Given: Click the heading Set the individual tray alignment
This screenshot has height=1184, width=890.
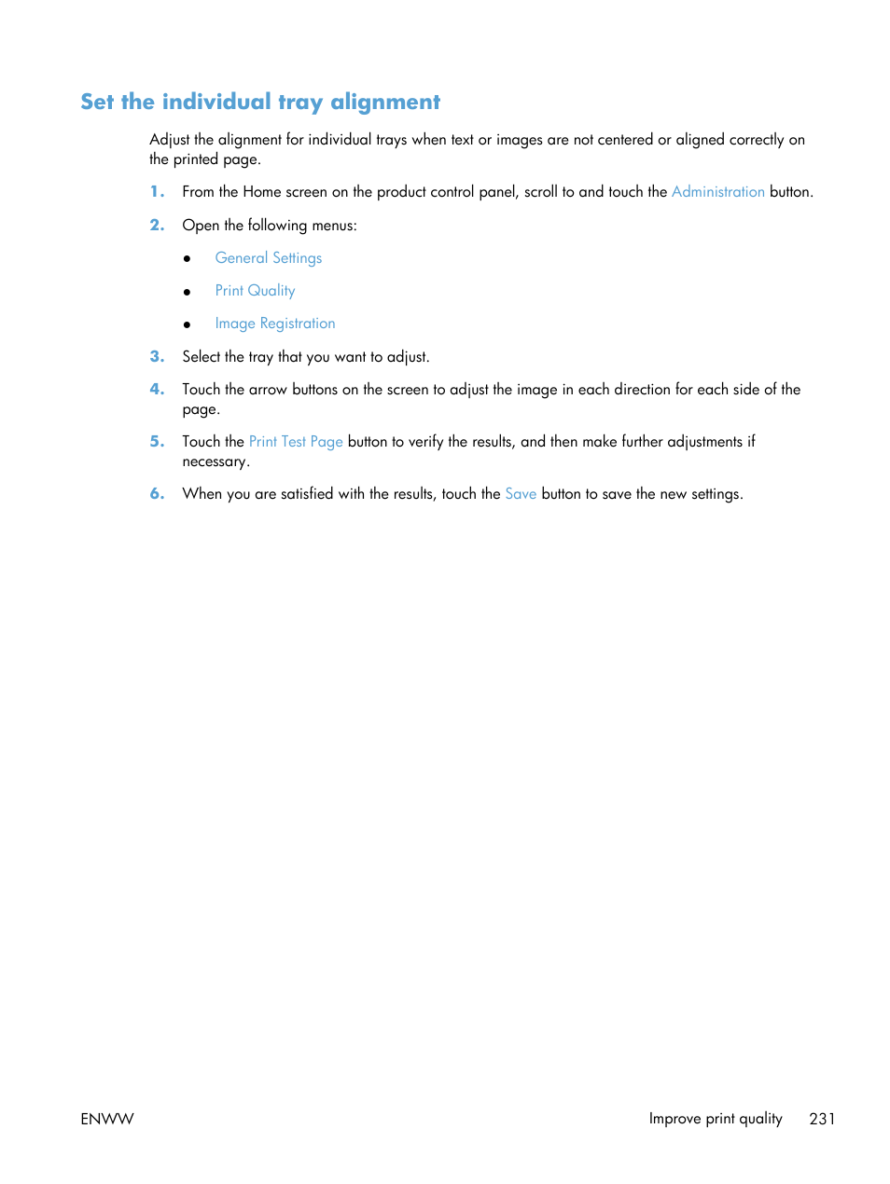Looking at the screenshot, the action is (260, 102).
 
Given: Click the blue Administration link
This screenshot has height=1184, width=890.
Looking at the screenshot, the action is (717, 191).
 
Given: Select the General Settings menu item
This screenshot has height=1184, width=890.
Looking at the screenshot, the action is (269, 258).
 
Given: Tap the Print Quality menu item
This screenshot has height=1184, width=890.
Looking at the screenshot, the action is (255, 291).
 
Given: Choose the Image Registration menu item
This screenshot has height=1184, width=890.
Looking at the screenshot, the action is (275, 324).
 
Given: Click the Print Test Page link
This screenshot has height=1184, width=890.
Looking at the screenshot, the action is (296, 442).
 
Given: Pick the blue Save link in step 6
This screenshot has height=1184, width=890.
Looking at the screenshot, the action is (521, 494).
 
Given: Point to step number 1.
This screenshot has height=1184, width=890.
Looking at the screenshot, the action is (157, 191).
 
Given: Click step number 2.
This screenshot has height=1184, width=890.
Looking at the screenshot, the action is (157, 225).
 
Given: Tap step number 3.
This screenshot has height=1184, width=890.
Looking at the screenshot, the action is (157, 356).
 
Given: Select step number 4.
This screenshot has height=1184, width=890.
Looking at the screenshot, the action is (157, 389).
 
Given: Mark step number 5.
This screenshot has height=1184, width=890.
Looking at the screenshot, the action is (157, 441).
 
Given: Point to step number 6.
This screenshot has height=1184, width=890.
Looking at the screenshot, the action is (157, 493).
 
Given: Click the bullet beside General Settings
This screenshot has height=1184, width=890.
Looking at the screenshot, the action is (188, 259).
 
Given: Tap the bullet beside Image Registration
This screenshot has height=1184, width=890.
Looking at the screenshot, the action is (188, 324).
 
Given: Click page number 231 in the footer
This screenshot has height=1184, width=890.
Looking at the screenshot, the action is (822, 1119).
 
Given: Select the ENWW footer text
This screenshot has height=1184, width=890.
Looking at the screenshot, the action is (107, 1119).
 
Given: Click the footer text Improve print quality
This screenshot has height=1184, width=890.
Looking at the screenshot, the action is (716, 1119).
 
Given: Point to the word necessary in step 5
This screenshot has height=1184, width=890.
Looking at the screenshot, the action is (215, 462).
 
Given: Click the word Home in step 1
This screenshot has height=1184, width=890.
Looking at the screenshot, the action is (262, 191).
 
